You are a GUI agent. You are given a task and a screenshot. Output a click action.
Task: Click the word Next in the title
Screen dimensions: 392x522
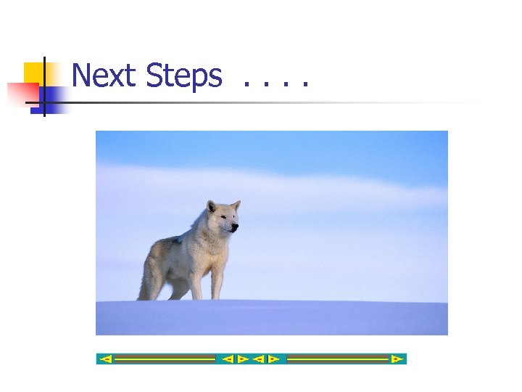[104, 75]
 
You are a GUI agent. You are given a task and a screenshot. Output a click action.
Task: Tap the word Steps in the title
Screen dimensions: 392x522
[183, 75]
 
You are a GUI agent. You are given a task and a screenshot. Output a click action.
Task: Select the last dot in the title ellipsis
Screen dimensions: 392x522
[305, 86]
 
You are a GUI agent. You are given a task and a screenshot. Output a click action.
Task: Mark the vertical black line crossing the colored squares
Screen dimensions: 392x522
[44, 87]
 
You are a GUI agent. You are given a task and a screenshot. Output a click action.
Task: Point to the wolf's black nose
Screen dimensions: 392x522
[236, 228]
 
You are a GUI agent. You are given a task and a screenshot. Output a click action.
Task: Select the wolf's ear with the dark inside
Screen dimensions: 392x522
[212, 208]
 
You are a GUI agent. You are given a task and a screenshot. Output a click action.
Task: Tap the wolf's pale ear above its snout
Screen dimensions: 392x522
[236, 205]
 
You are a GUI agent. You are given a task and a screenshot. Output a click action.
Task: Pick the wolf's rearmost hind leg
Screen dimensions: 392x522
[148, 279]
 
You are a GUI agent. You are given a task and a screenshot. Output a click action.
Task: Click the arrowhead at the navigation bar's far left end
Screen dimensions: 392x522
[106, 359]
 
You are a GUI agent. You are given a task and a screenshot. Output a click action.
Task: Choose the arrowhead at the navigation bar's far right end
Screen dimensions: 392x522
[396, 359]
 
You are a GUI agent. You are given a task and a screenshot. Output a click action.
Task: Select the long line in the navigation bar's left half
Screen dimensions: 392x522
[165, 359]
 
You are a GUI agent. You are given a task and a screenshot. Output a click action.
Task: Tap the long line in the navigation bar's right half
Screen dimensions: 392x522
[338, 359]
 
